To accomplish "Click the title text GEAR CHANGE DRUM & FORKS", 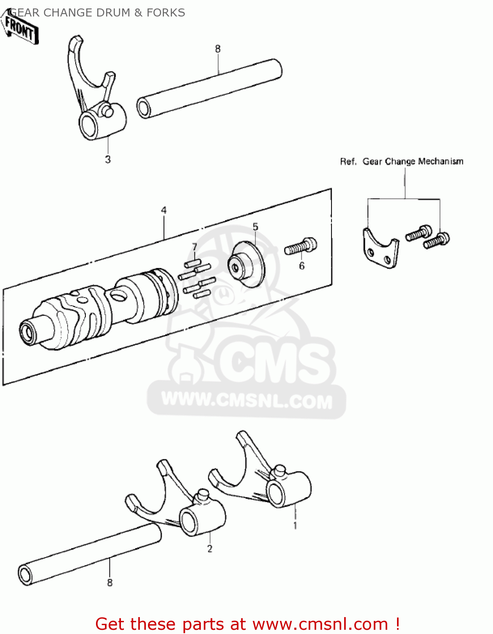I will (97, 13).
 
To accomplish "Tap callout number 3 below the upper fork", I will (108, 159).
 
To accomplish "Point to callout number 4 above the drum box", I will (164, 210).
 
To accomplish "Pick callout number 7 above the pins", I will (194, 247).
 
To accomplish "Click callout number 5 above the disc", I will (255, 227).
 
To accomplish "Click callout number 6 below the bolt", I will (301, 266).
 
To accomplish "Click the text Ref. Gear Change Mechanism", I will (402, 161).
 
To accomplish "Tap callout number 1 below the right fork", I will (295, 526).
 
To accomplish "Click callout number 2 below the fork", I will (210, 549).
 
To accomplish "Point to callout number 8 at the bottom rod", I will (110, 582).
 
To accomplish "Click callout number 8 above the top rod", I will (218, 49).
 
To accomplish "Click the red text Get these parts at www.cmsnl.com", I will (247, 624).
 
